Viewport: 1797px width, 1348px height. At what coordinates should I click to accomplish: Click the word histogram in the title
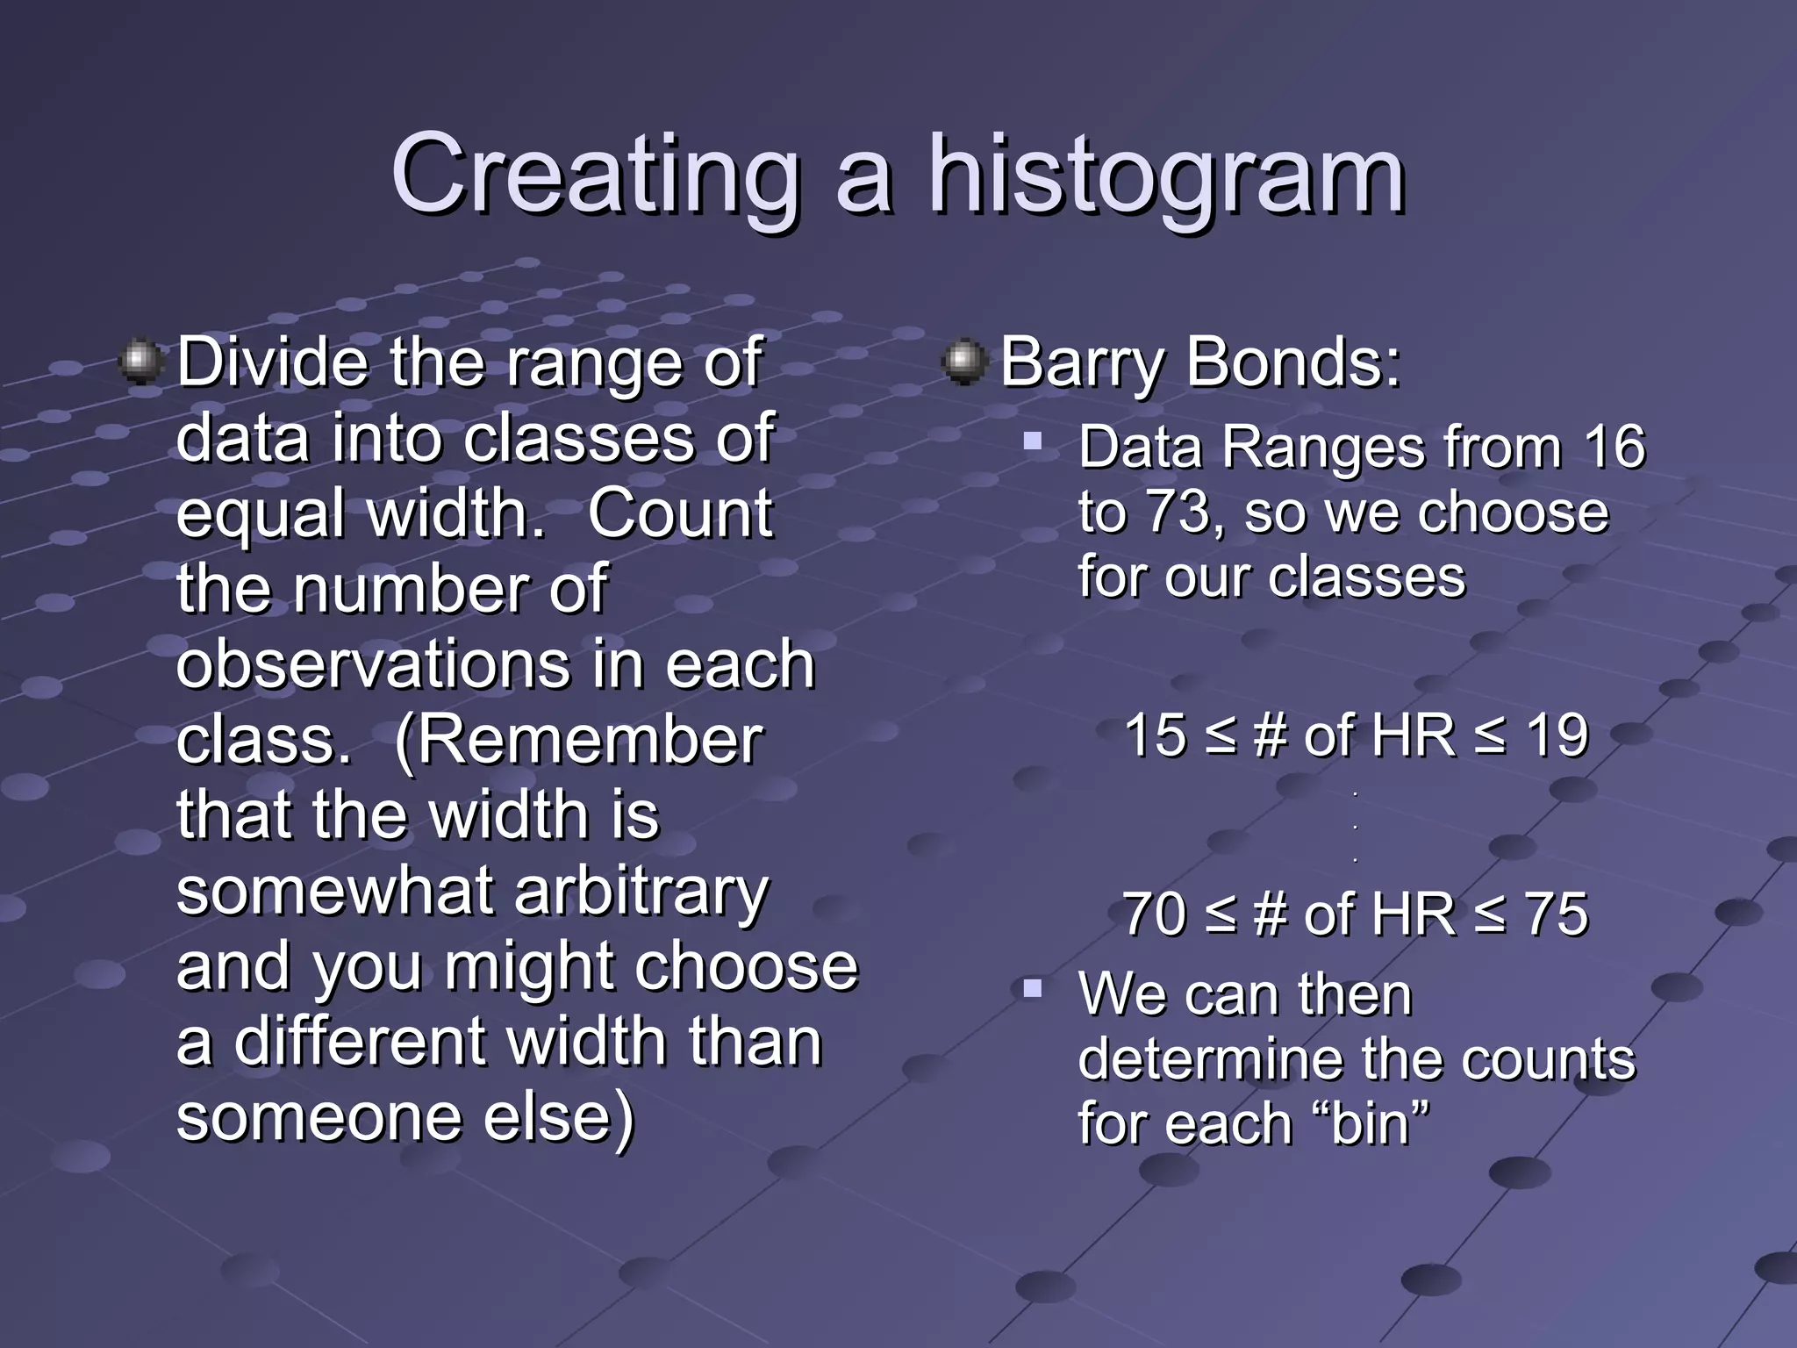click(1166, 176)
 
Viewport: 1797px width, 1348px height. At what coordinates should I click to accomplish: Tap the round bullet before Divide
click(140, 362)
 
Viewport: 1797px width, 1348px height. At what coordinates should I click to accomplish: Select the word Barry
click(1080, 362)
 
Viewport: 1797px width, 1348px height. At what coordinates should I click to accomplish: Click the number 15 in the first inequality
click(1155, 735)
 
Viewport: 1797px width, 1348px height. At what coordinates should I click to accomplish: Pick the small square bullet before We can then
click(1032, 990)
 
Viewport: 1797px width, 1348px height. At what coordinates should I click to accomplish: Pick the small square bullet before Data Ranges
click(1032, 440)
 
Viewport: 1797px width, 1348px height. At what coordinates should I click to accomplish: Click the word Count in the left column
click(680, 513)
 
